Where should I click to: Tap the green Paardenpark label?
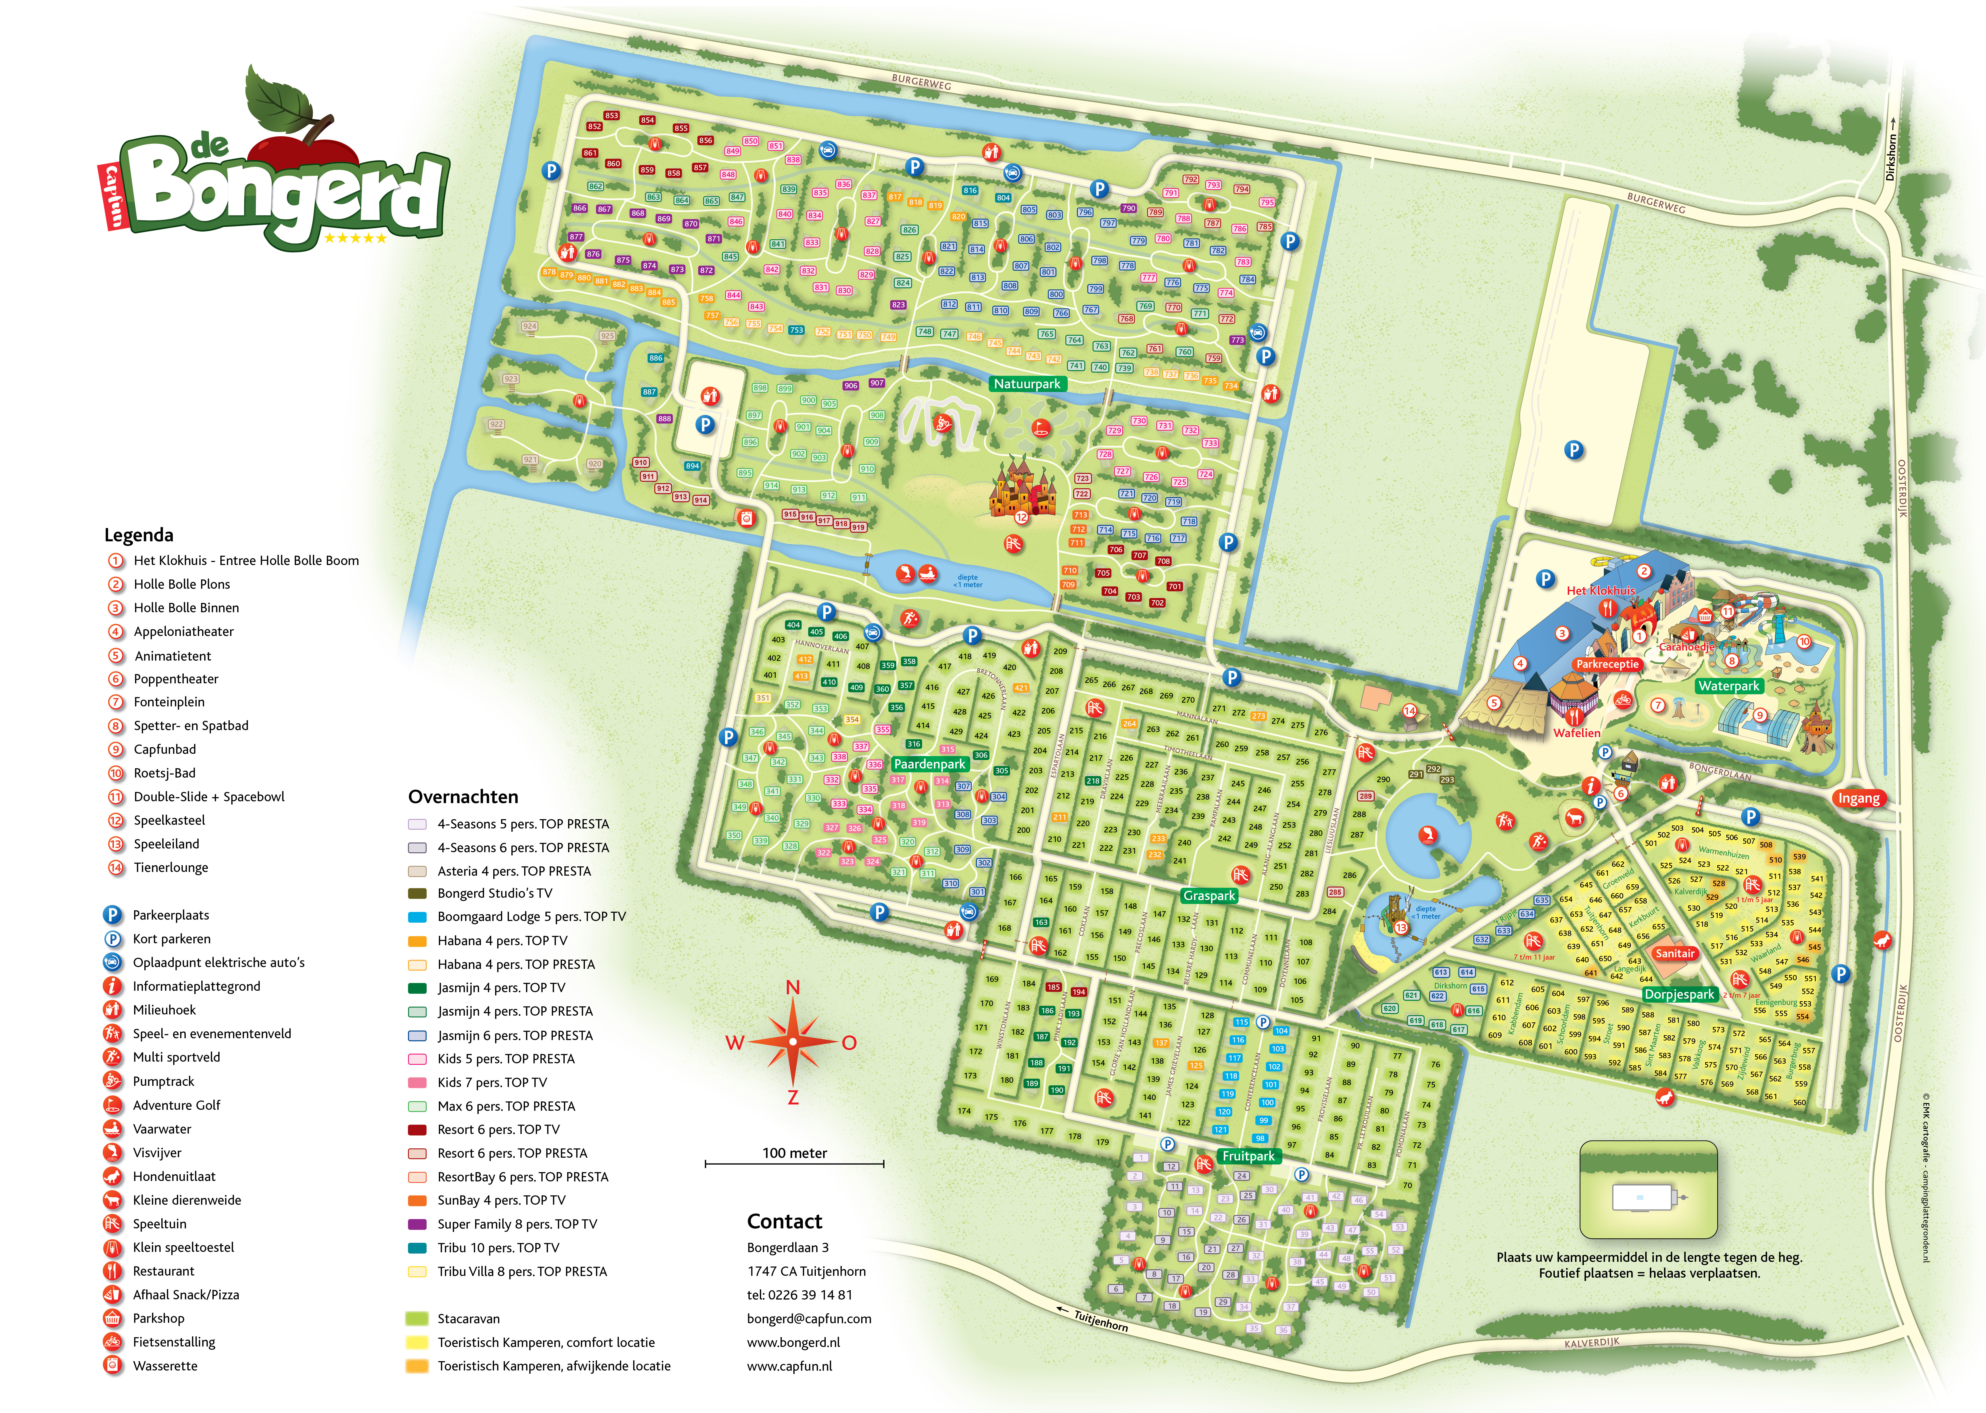pos(929,764)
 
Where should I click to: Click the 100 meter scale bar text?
pos(794,1153)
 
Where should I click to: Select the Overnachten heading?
pos(463,797)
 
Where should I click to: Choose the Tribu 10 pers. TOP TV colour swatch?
pos(417,1248)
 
